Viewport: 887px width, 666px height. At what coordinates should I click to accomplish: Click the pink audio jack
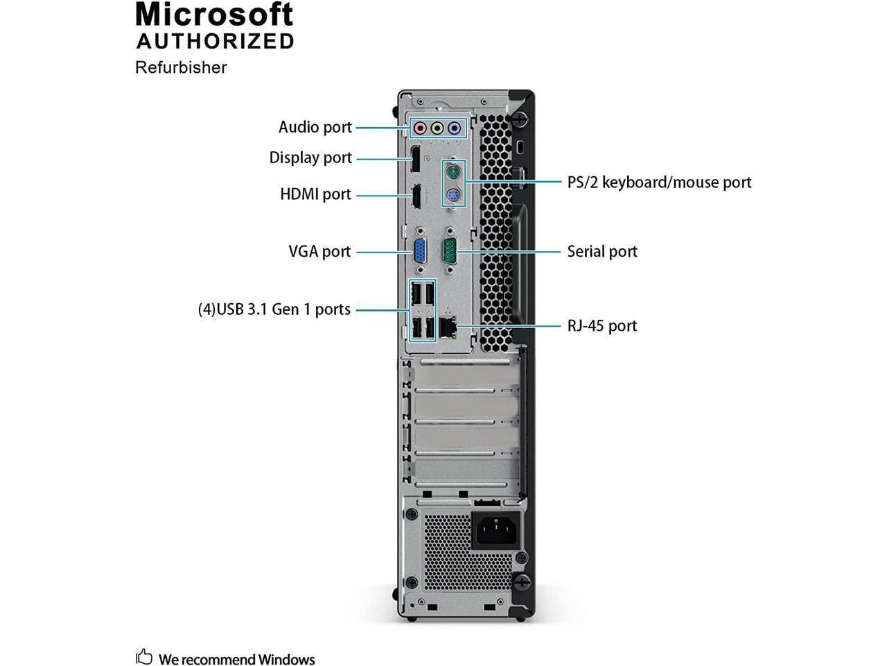pos(419,128)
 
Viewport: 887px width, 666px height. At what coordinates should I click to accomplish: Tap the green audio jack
pos(437,128)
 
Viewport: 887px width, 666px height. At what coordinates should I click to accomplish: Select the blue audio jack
pos(454,128)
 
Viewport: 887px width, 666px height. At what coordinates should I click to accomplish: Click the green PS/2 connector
pos(453,171)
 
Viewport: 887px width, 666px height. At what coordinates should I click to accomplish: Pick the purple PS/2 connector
pos(453,196)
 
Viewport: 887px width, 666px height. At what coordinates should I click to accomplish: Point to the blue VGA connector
pos(420,252)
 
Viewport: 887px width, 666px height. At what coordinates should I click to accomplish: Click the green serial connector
pos(450,252)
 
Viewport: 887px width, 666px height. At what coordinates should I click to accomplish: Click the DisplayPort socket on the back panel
pos(414,159)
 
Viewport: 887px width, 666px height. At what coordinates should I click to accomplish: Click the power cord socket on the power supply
pos(495,531)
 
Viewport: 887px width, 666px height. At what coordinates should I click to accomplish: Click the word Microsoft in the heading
pos(215,15)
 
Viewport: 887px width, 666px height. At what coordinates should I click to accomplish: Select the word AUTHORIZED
pos(216,41)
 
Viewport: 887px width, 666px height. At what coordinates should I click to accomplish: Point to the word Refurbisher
pos(181,67)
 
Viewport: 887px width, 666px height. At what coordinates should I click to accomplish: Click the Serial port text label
pos(602,251)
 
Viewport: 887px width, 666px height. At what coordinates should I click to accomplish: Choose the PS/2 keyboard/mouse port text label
pos(659,182)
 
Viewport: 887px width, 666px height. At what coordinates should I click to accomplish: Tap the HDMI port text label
pos(315,194)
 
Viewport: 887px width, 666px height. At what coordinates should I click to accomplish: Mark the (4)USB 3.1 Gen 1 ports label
pos(274,309)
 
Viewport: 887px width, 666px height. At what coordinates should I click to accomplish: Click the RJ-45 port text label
pos(602,325)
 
